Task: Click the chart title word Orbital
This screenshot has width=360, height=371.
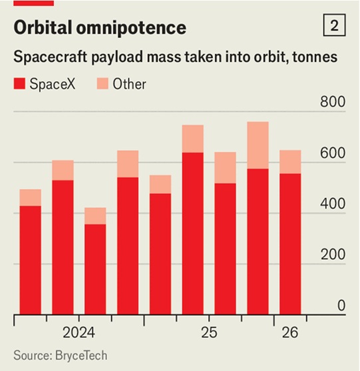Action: (x=43, y=27)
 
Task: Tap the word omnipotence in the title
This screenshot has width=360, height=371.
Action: (x=131, y=29)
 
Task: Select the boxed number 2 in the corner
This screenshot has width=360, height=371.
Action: (x=334, y=25)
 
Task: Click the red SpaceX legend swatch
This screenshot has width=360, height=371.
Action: (x=19, y=84)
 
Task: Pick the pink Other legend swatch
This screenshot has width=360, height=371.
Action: (x=102, y=84)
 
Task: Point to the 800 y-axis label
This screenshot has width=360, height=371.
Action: (x=333, y=102)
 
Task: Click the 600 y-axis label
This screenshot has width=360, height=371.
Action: (x=333, y=153)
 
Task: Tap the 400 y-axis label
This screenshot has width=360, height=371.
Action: (x=333, y=204)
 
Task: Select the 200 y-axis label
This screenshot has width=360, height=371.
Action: (x=333, y=254)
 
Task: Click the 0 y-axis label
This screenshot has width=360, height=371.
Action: (x=341, y=306)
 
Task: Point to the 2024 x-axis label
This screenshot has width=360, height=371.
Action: (x=79, y=332)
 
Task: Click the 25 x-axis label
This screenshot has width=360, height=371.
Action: (x=209, y=332)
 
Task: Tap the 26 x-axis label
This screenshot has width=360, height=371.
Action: (x=290, y=332)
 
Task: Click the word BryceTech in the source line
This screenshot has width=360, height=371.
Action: (x=81, y=356)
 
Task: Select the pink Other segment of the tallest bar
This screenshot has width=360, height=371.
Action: (x=258, y=145)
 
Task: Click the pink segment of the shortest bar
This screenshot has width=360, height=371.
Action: (x=95, y=216)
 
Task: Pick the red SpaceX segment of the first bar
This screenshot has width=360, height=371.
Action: (x=30, y=260)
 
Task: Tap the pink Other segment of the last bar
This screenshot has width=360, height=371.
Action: (x=290, y=162)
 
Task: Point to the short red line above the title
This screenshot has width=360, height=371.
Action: (x=33, y=3)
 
